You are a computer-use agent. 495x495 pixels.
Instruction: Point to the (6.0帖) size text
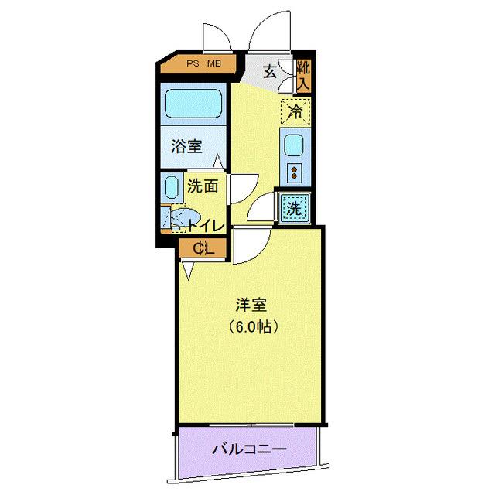pyautogui.click(x=253, y=326)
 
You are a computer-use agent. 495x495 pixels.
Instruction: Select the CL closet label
pyautogui.click(x=203, y=248)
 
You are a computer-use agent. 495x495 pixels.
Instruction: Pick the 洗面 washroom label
pyautogui.click(x=207, y=186)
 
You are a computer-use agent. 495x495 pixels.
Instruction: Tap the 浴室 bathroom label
pyautogui.click(x=186, y=145)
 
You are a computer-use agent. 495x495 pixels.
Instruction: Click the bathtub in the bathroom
pyautogui.click(x=193, y=102)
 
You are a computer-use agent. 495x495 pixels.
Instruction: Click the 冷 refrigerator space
pyautogui.click(x=295, y=111)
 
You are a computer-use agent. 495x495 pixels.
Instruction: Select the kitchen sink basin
pyautogui.click(x=295, y=145)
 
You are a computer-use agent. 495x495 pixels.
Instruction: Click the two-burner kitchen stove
pyautogui.click(x=295, y=171)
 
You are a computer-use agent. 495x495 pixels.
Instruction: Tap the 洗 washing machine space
pyautogui.click(x=294, y=207)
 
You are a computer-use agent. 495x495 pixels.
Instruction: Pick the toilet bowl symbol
pyautogui.click(x=184, y=220)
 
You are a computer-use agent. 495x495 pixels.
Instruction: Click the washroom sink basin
pyautogui.click(x=171, y=188)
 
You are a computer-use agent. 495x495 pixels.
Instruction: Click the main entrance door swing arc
pyautogui.click(x=268, y=31)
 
